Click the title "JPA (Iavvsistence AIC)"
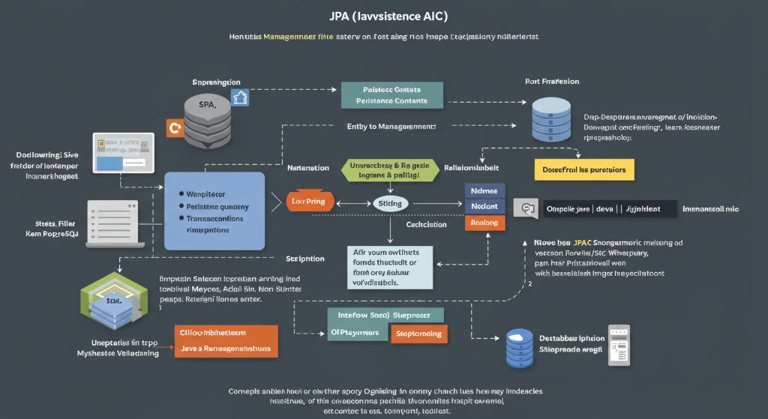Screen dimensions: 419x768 coord(383,16)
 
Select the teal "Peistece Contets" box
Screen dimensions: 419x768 coord(391,94)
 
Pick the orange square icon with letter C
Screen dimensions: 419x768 coord(175,127)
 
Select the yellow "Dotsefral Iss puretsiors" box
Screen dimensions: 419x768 coord(583,170)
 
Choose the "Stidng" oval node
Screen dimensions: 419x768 coord(390,203)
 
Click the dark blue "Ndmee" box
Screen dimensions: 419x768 coord(485,190)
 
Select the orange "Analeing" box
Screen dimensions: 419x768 coord(485,222)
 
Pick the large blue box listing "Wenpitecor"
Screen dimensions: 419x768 coord(214,210)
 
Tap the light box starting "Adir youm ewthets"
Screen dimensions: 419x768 coord(390,267)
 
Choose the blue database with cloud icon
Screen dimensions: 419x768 coord(519,348)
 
